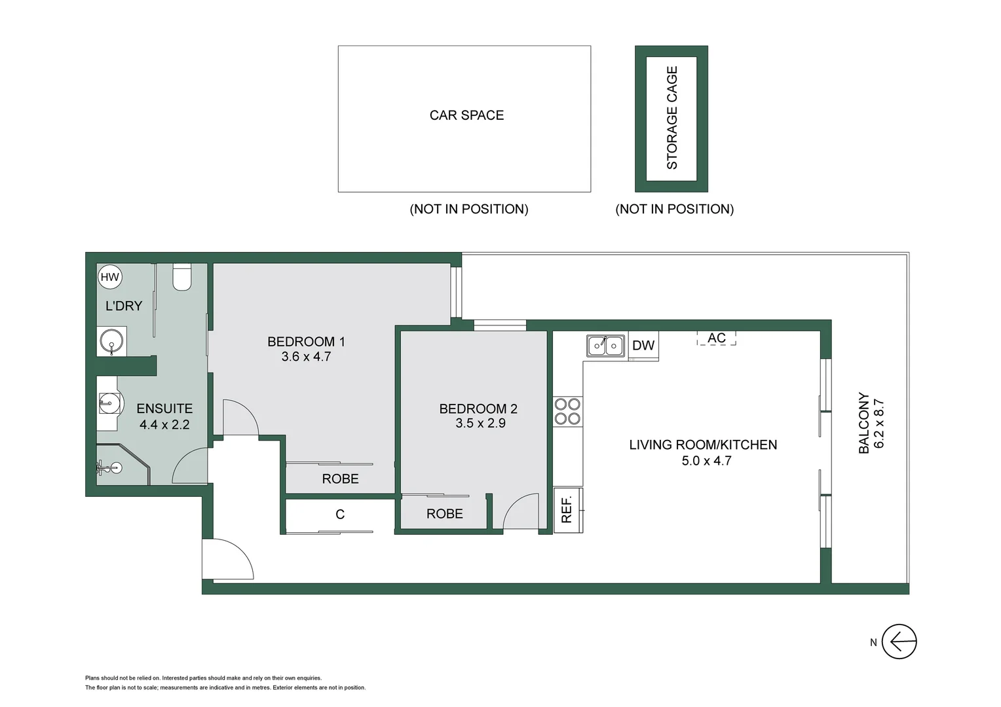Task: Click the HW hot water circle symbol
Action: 110,277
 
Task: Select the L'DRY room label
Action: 123,306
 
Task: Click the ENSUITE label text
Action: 164,408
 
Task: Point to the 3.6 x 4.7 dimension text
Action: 306,357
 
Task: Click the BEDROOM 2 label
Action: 478,409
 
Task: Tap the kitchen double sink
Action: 605,345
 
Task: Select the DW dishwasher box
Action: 643,346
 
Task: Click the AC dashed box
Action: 716,338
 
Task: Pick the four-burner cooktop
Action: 567,412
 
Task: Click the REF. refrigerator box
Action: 567,509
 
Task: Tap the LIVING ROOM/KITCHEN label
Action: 703,445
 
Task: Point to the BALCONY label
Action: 864,423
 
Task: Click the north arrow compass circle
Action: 899,642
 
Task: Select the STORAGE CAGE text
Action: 671,118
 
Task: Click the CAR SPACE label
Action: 466,115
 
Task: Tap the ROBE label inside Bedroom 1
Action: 340,479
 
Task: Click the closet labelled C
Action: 340,515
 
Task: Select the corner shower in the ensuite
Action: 118,467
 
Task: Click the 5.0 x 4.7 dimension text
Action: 706,461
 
